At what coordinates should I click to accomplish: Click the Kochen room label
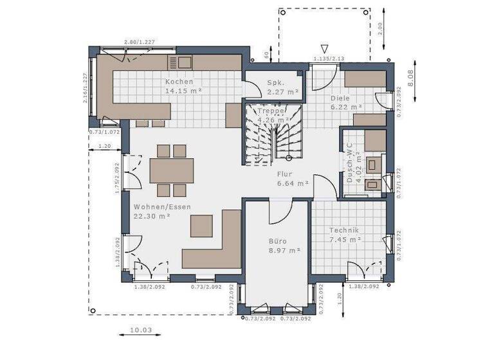pos(179,82)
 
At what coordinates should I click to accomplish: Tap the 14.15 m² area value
pos(183,91)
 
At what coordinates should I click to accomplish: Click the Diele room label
pos(340,98)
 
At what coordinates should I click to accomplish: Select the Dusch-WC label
pos(351,163)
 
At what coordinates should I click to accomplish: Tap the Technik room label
pos(344,230)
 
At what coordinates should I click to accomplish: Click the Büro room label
pos(278,241)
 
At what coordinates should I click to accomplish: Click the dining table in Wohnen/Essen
pos(172,170)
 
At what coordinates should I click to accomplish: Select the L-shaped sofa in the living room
pos(213,244)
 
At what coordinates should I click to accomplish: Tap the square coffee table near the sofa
pos(202,226)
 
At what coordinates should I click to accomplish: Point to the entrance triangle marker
pos(326,48)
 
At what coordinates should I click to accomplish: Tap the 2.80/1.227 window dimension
pos(139,42)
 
